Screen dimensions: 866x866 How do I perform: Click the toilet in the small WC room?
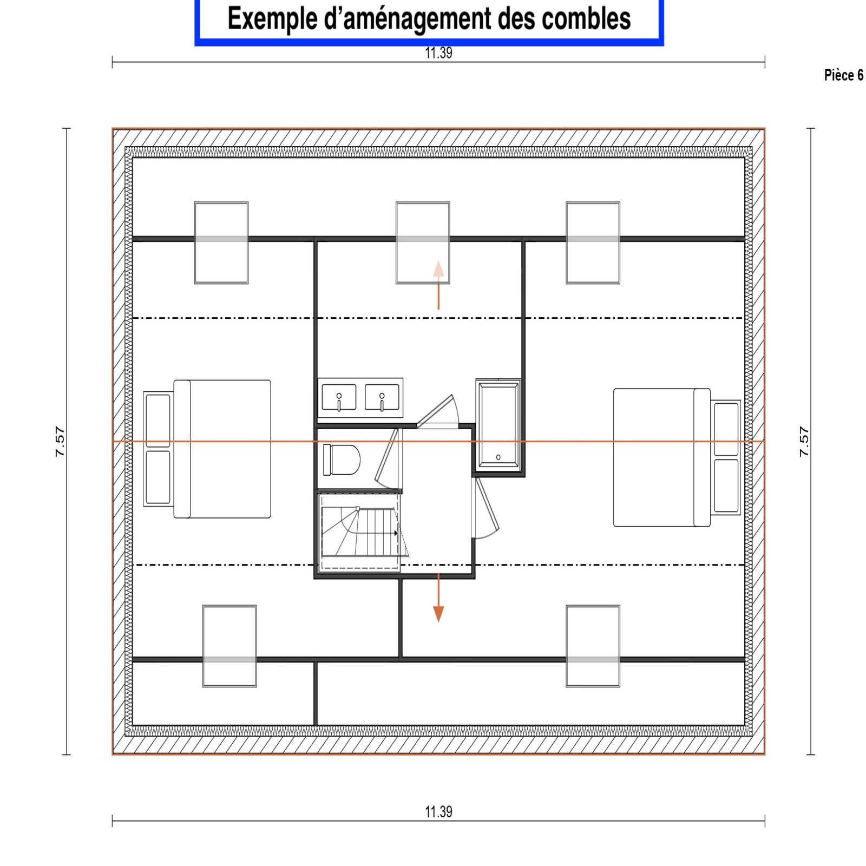[x=342, y=460]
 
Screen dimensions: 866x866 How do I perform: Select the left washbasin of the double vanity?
[x=339, y=397]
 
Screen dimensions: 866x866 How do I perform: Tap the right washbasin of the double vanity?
[x=382, y=397]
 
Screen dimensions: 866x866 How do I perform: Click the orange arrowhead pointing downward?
[x=438, y=614]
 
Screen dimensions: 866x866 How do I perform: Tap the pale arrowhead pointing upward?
[x=438, y=269]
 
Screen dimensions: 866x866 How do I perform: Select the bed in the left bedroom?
[x=222, y=449]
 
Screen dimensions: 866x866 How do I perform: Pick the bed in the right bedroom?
[x=662, y=457]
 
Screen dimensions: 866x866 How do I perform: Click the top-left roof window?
[x=221, y=243]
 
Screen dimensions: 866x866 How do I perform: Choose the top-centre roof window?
[x=423, y=243]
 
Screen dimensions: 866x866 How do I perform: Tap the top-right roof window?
[x=593, y=243]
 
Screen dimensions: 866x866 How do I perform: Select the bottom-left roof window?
[x=229, y=646]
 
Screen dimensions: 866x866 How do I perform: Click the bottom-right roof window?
[x=593, y=646]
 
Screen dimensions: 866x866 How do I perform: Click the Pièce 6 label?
[x=844, y=75]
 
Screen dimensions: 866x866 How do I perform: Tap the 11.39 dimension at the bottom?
[x=438, y=812]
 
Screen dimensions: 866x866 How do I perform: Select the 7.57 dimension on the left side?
[x=60, y=442]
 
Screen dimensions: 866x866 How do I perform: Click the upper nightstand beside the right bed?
[x=726, y=430]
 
